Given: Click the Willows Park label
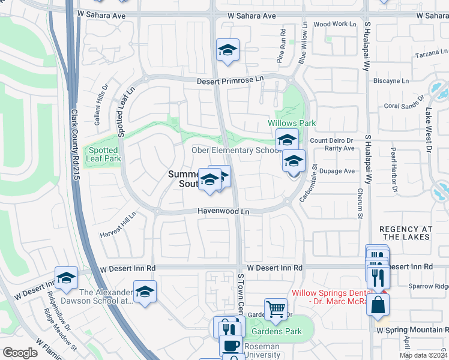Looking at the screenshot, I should [292, 123].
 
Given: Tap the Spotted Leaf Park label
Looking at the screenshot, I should [104, 154].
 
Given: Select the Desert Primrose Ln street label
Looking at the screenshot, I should [231, 80].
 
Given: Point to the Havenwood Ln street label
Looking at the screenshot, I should [223, 211].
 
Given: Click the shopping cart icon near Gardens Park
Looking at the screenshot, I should [276, 310].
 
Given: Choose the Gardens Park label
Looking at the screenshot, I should [276, 331].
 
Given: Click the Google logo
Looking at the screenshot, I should [20, 352].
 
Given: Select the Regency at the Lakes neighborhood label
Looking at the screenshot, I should [406, 233].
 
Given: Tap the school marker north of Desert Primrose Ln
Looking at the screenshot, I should [228, 50].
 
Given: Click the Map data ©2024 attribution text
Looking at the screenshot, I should [423, 355].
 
